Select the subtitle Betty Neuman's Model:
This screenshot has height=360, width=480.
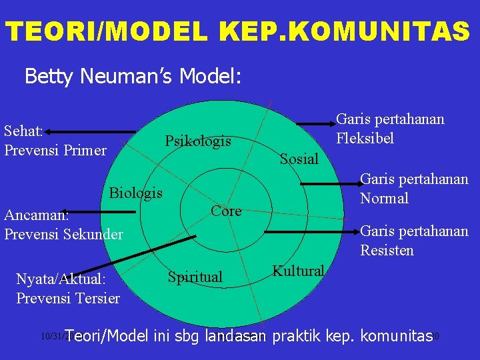[x=133, y=77]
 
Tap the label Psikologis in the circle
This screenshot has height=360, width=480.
[x=198, y=141]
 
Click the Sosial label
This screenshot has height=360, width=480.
[x=299, y=159]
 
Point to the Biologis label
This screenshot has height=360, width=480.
[x=135, y=193]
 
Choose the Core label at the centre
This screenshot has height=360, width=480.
[x=226, y=211]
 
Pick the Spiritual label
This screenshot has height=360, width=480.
[x=195, y=276]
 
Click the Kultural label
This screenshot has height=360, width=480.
[x=298, y=271]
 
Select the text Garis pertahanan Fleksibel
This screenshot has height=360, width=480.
[x=390, y=129]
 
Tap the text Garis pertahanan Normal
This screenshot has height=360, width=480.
[x=414, y=189]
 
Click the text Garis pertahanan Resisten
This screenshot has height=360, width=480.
[x=414, y=241]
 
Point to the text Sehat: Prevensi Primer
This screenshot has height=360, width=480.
[x=55, y=141]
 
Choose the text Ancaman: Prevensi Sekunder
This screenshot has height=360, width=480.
[x=63, y=225]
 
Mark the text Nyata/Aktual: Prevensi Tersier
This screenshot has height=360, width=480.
[x=68, y=288]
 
